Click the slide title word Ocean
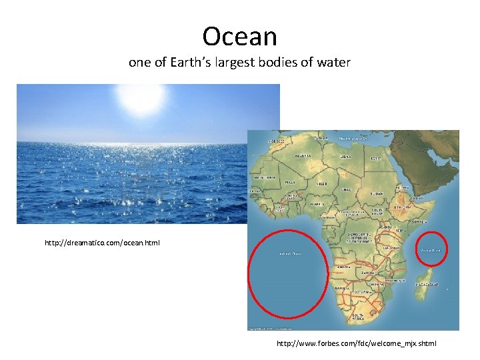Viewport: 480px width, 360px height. [240, 36]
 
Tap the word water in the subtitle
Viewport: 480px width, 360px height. [333, 63]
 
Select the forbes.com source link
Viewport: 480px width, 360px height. [357, 344]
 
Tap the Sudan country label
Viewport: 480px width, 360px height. [377, 193]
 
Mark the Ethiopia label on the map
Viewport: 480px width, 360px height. [402, 207]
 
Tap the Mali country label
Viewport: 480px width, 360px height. [291, 181]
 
